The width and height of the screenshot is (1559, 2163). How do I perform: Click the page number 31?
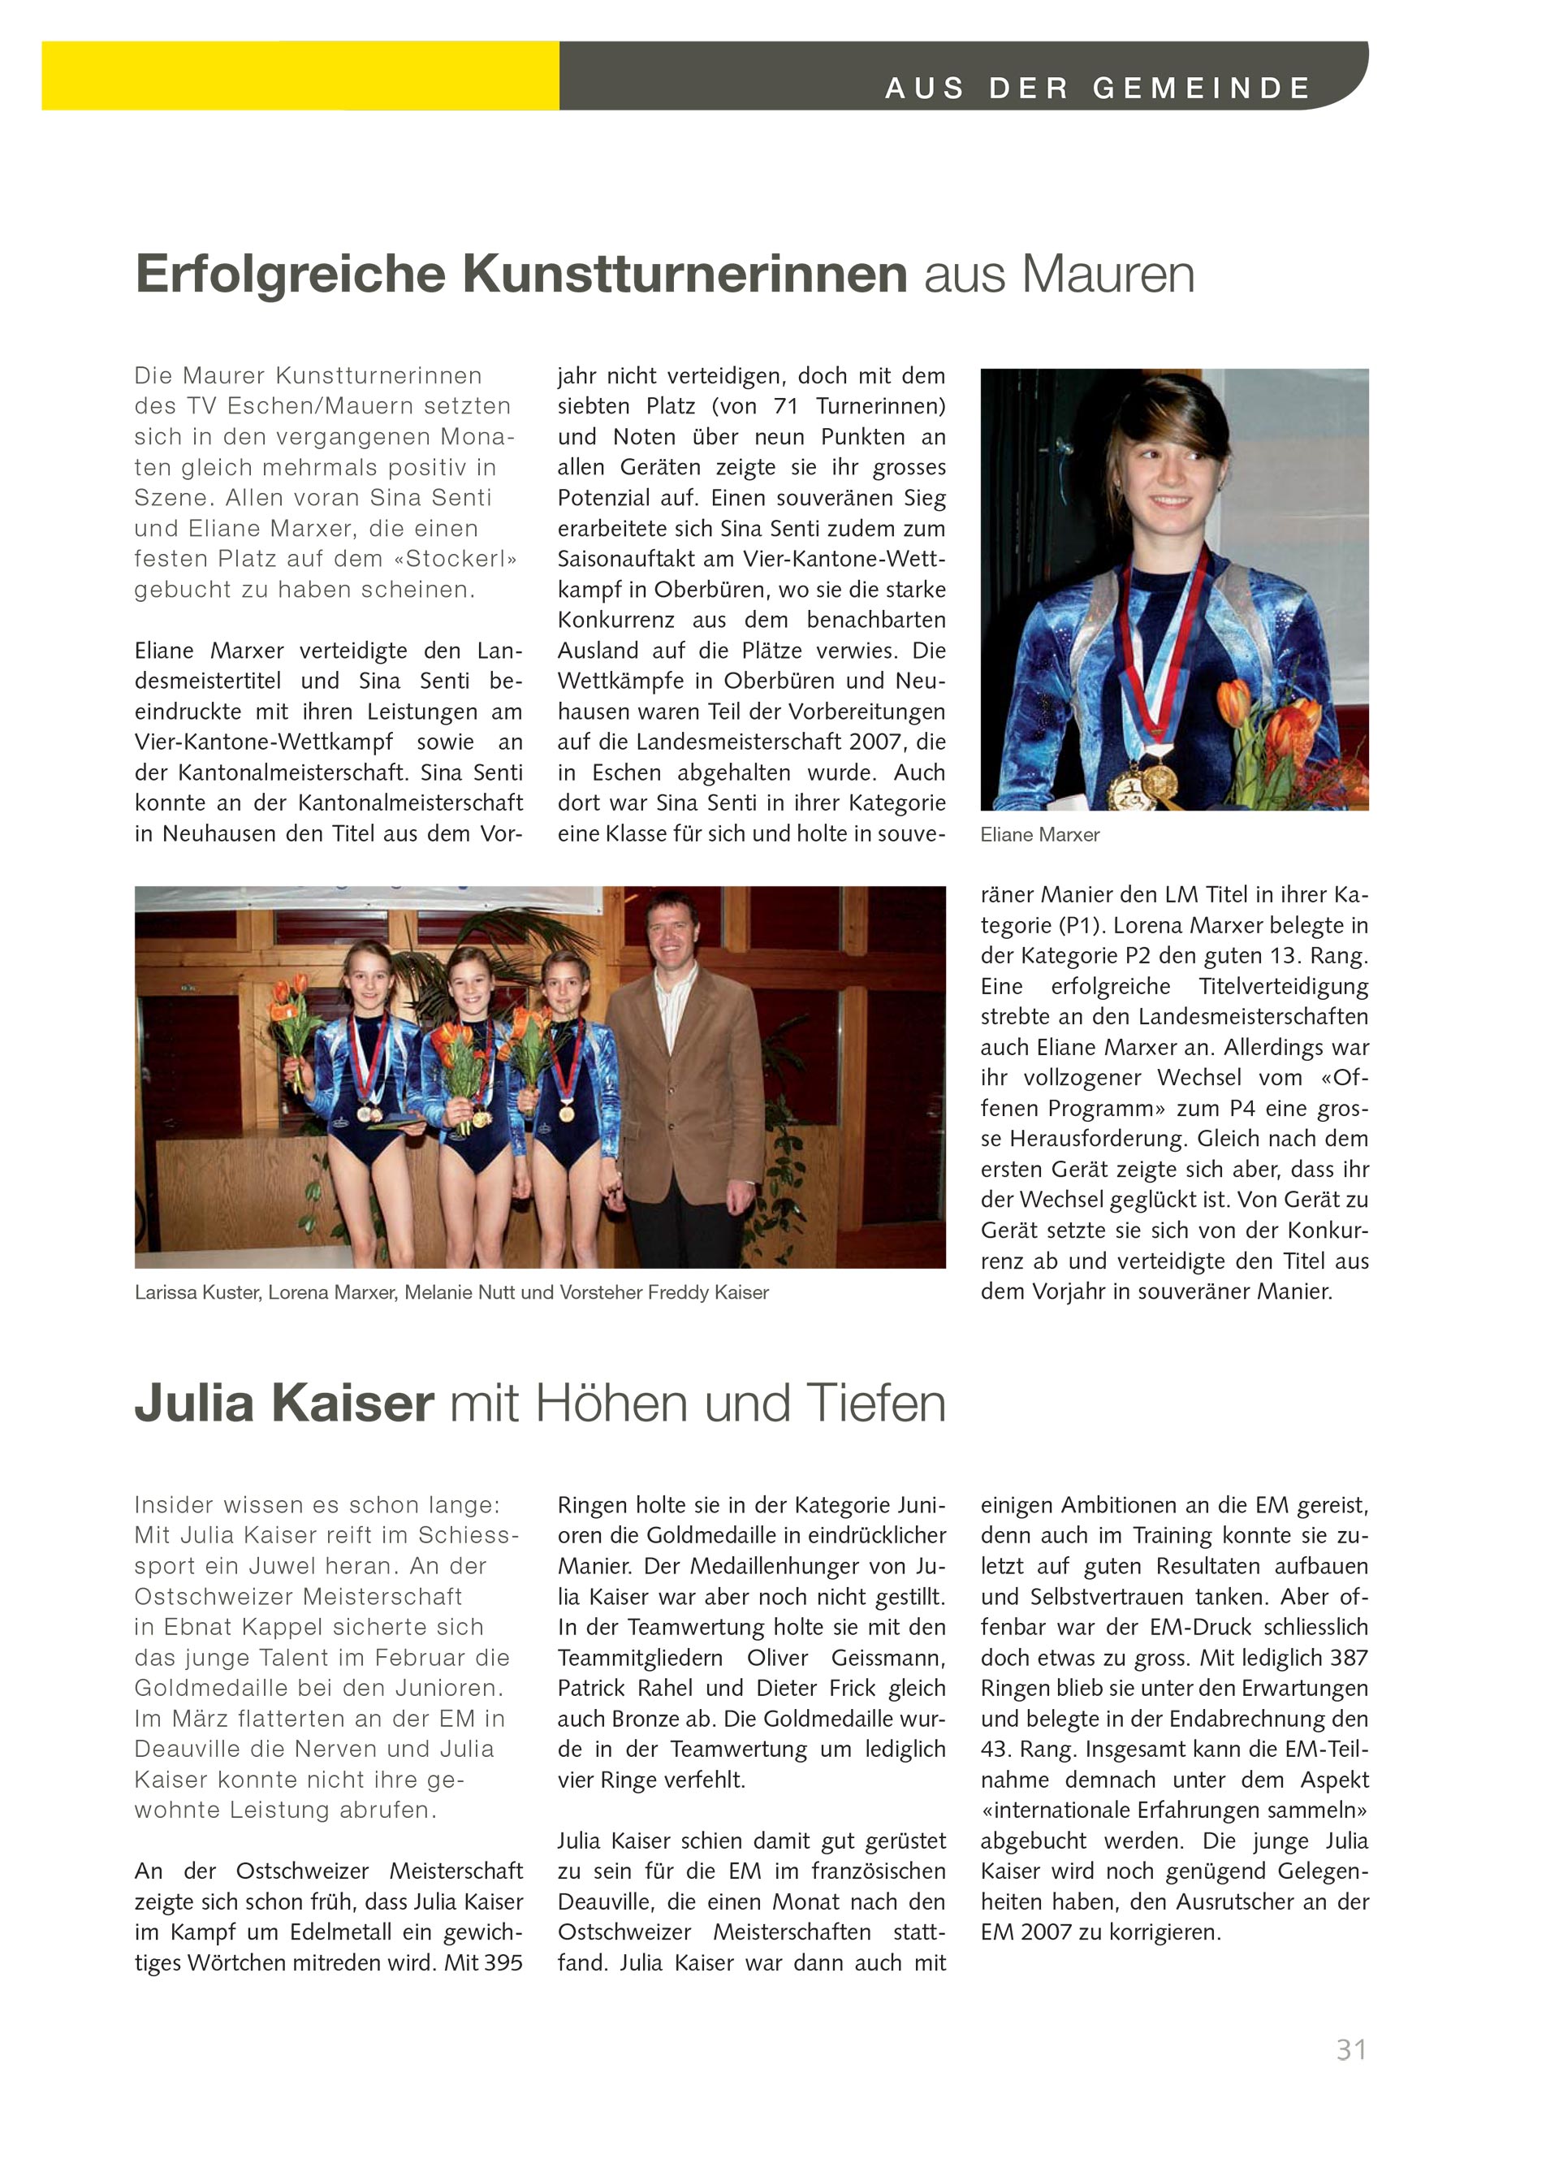click(x=1350, y=2048)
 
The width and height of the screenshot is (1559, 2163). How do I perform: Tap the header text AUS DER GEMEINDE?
click(x=1098, y=88)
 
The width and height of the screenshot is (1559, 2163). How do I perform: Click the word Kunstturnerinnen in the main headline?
click(x=684, y=274)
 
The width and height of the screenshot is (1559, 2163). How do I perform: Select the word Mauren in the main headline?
click(x=1108, y=275)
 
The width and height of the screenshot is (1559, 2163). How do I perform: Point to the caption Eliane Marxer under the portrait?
click(x=1039, y=834)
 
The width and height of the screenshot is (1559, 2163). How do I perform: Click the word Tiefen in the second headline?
click(x=876, y=1404)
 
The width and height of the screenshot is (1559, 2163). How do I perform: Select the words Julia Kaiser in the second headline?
click(x=284, y=1404)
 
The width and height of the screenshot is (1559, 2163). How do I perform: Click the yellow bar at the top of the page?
click(x=300, y=76)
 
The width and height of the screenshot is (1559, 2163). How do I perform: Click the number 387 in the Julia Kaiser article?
click(x=1345, y=1658)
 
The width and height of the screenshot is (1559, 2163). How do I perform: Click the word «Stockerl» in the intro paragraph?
click(x=454, y=559)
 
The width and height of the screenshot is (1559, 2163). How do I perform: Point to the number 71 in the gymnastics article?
click(x=786, y=406)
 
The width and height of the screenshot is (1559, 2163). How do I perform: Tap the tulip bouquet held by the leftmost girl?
click(x=295, y=1020)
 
